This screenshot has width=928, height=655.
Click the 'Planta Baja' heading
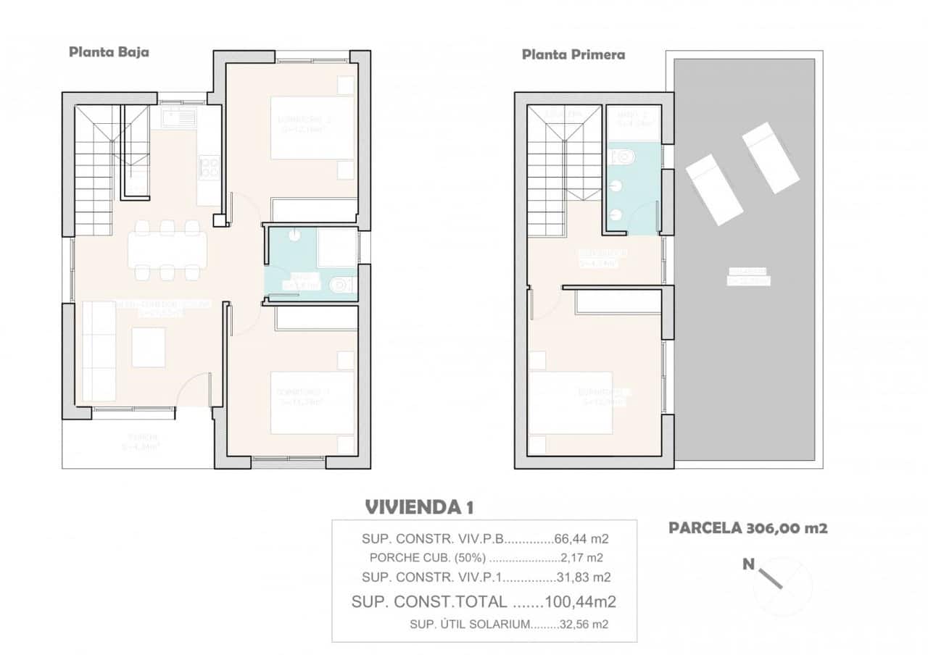point(109,52)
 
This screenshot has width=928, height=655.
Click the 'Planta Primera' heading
point(573,54)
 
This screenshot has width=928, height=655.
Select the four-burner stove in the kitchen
point(209,168)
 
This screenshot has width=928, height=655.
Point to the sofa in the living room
point(99,351)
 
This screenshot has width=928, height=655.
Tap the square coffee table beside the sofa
point(149,347)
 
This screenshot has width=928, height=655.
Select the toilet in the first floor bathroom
point(623,156)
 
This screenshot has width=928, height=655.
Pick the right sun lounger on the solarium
point(770,157)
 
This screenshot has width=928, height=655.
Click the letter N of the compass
point(749,564)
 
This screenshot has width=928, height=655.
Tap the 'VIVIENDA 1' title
point(419,506)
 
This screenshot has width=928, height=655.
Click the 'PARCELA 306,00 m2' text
point(747,528)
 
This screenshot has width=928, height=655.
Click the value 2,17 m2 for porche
point(581,558)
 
